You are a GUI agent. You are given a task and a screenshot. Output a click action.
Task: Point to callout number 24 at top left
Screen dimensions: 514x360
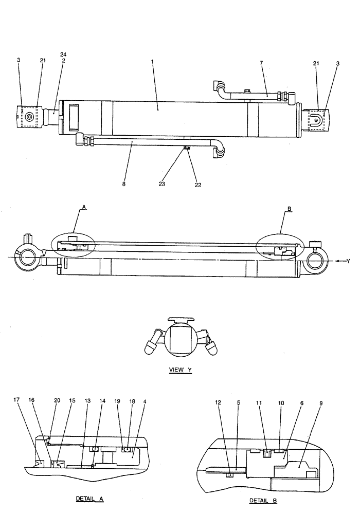click(x=63, y=54)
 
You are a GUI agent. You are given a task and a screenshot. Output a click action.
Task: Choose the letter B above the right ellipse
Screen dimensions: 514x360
click(x=290, y=209)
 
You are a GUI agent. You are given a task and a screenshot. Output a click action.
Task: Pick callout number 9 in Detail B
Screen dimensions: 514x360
click(x=321, y=404)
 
